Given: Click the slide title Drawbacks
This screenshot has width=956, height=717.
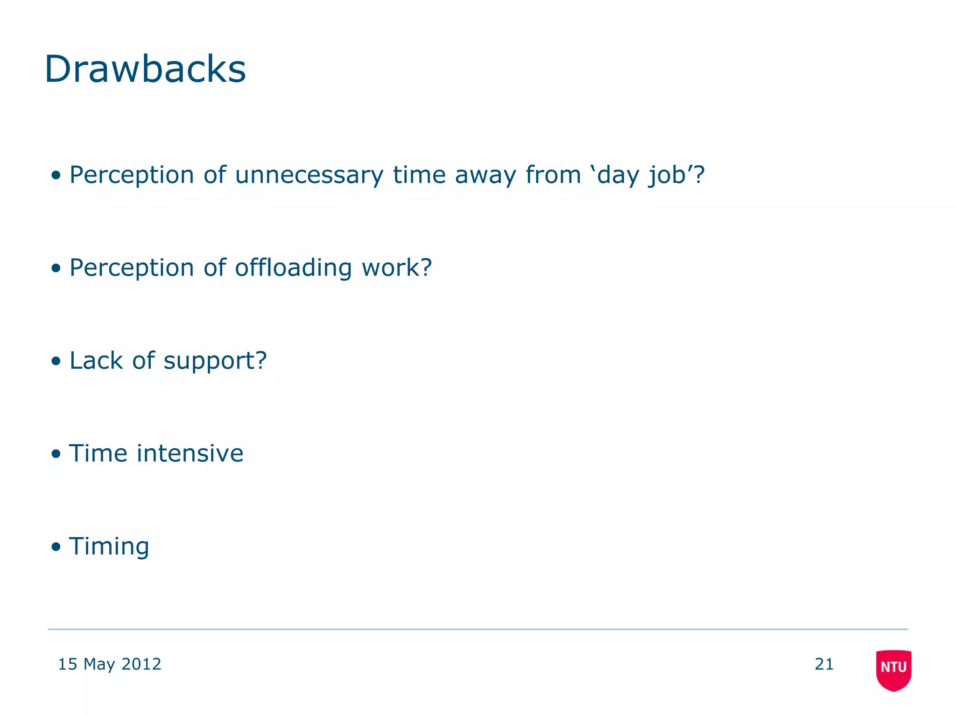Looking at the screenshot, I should pos(145,69).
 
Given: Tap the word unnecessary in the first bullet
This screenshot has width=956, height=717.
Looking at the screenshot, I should pos(309,176).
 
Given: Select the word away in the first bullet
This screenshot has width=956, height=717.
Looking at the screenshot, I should pos(485,176).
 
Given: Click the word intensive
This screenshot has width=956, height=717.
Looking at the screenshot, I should pos(190,453).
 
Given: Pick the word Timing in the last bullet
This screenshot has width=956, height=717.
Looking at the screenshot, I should pos(109,546).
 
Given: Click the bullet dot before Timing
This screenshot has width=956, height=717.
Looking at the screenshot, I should pos(56,547).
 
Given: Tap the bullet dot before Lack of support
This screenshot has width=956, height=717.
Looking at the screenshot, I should pos(56,361).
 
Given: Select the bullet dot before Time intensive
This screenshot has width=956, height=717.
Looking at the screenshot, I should pos(56,454).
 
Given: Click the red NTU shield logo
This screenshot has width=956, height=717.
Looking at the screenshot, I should pos(893,669).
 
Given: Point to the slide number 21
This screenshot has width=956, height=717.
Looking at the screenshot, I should pos(824,664).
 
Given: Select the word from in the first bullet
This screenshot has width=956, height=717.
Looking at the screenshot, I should pos(553,176).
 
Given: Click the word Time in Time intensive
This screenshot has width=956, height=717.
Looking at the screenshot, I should pos(98,453).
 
